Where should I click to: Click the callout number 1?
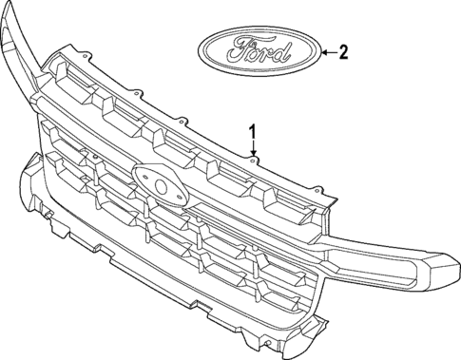[254, 130]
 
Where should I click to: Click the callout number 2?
[343, 53]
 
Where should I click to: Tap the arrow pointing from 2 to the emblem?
[328, 53]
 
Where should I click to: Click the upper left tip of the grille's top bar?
[9, 11]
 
